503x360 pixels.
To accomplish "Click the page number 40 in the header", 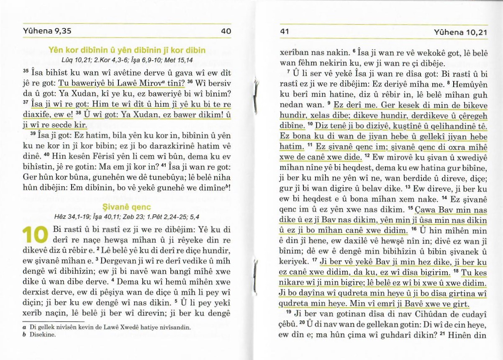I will pos(226,31).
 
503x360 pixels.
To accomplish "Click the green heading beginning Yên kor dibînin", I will pos(127,51).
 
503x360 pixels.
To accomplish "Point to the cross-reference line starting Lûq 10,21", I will pos(127,59).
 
